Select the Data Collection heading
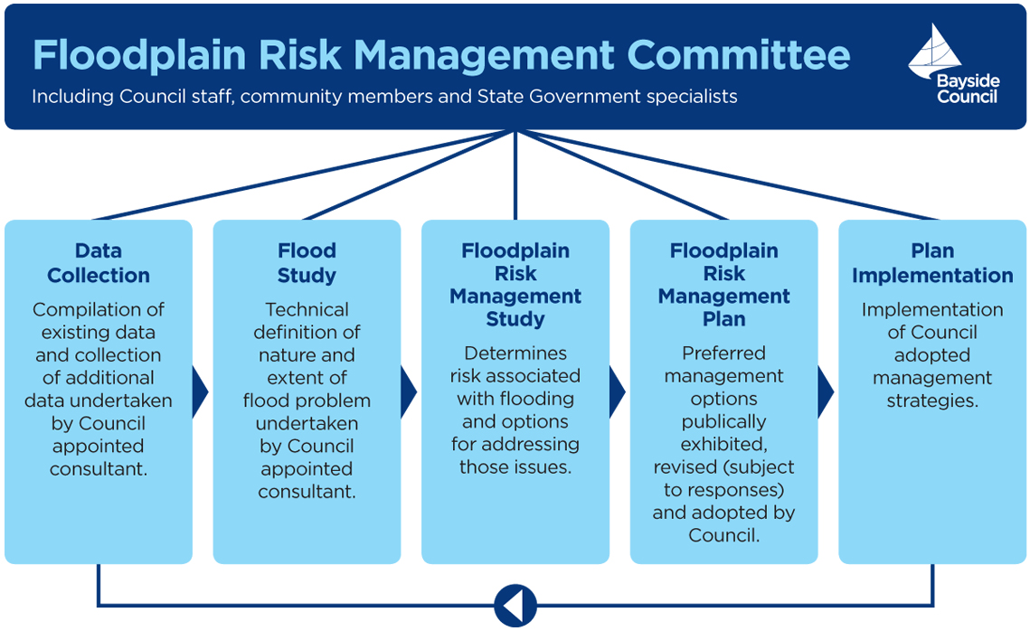pyautogui.click(x=99, y=263)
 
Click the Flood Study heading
pyautogui.click(x=307, y=263)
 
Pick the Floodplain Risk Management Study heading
pyautogui.click(x=515, y=285)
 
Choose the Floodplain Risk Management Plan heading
pyautogui.click(x=723, y=285)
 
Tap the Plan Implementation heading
pyautogui.click(x=932, y=263)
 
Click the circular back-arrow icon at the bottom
pyautogui.click(x=515, y=605)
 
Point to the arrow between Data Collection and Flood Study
pyautogui.click(x=200, y=391)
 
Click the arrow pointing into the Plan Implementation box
pyautogui.click(x=825, y=391)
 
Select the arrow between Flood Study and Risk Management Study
pyautogui.click(x=408, y=391)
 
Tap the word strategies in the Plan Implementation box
pyautogui.click(x=932, y=400)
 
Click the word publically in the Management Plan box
pyautogui.click(x=723, y=421)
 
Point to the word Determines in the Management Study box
pyautogui.click(x=515, y=353)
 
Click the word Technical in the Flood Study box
pyautogui.click(x=307, y=309)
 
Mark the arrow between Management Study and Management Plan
pyautogui.click(x=617, y=391)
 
